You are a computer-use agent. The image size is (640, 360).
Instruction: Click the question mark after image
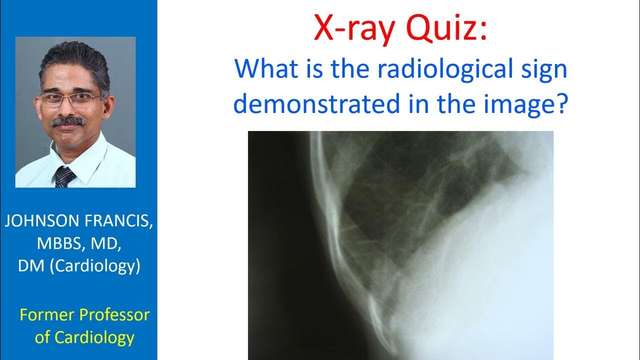click(560, 103)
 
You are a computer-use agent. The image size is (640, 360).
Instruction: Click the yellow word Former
click(49, 315)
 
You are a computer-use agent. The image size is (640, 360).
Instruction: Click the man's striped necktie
click(64, 176)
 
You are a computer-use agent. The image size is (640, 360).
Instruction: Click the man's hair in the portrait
click(75, 62)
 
